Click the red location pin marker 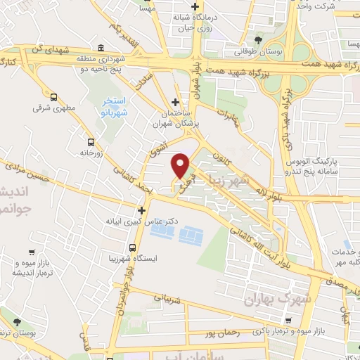pyautogui.click(x=181, y=165)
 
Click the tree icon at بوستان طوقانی pyautogui.click(x=259, y=39)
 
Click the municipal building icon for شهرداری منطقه pyautogui.click(x=101, y=49)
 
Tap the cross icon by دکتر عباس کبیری pyautogui.click(x=141, y=210)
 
